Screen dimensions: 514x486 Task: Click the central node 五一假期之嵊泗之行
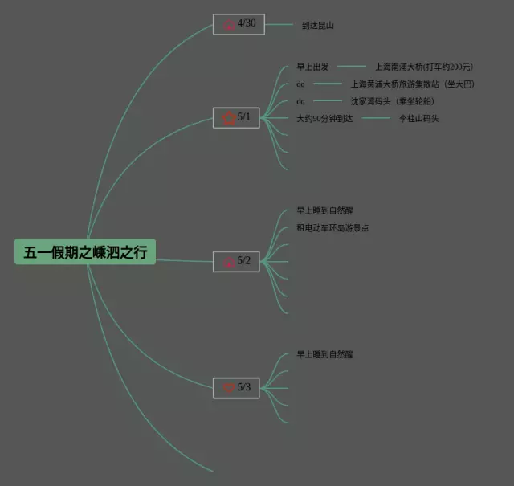[85, 252]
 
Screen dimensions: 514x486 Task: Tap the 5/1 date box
[236, 118]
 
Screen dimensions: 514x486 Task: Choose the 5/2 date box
[236, 261]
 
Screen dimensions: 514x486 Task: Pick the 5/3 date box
[236, 388]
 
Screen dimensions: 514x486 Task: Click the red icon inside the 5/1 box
[228, 119]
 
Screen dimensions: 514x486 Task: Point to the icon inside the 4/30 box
[229, 25]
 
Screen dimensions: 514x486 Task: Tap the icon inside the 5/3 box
[228, 388]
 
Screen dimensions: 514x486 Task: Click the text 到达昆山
[317, 26]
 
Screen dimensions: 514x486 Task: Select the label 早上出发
[312, 67]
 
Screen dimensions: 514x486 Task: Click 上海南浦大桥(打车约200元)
[424, 67]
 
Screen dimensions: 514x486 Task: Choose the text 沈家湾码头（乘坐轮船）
[392, 101]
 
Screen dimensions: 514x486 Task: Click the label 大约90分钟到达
[324, 119]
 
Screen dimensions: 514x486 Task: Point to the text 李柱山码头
[419, 119]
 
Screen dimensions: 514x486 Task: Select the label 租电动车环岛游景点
[332, 228]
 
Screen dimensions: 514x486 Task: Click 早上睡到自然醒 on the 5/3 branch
[324, 354]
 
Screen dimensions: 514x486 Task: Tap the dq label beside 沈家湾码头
[300, 101]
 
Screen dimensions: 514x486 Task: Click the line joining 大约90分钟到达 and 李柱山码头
[375, 119]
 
